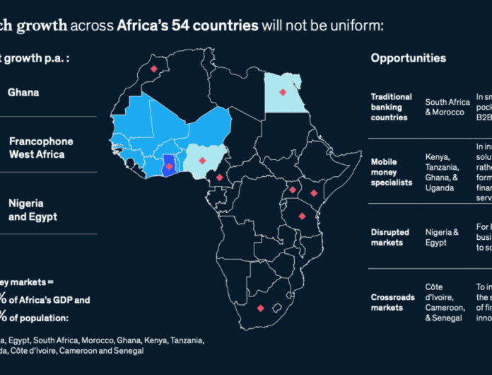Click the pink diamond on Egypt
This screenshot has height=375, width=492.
(283, 92)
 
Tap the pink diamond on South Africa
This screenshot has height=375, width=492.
(261, 308)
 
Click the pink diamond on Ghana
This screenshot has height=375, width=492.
(170, 167)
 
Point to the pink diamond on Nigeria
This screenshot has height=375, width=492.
(202, 161)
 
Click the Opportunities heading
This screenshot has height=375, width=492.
(409, 58)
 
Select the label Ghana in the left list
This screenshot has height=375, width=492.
(23, 92)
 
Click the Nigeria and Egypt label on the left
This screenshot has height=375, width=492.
(33, 209)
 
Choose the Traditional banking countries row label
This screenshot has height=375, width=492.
(391, 107)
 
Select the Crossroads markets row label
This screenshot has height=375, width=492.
(392, 302)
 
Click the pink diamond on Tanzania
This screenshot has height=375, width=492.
(302, 217)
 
